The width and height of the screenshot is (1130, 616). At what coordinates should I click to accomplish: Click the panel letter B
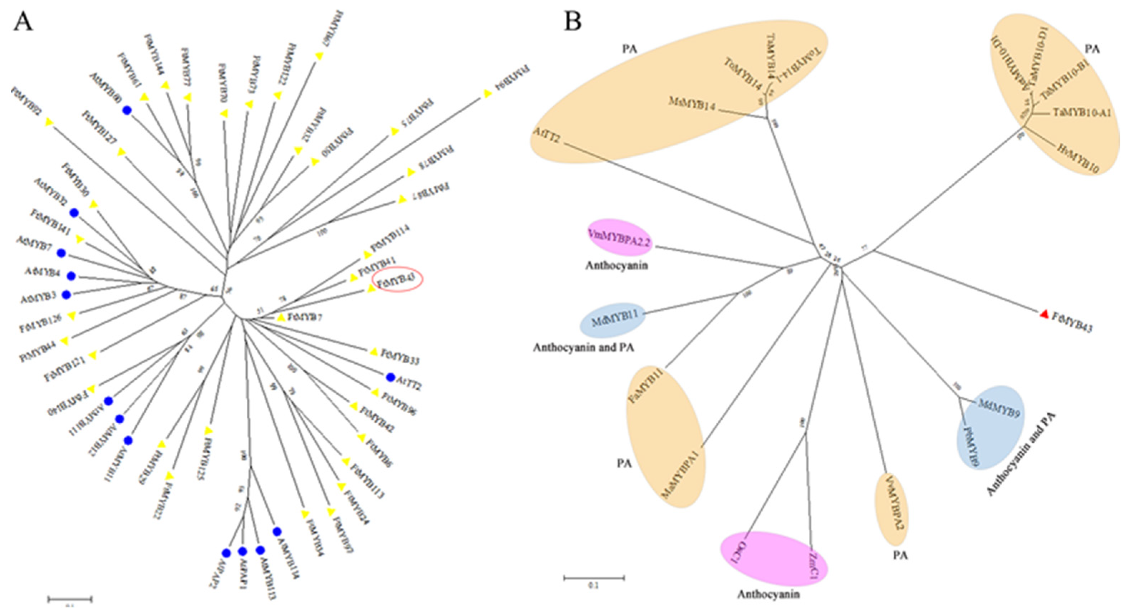(573, 21)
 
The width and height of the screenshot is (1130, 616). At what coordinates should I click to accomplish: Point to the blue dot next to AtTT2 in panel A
(390, 376)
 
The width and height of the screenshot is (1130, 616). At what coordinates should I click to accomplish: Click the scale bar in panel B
(594, 578)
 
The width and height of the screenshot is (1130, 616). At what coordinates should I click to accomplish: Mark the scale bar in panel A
(70, 599)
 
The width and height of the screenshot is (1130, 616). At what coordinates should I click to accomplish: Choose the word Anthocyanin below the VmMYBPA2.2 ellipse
(616, 265)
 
